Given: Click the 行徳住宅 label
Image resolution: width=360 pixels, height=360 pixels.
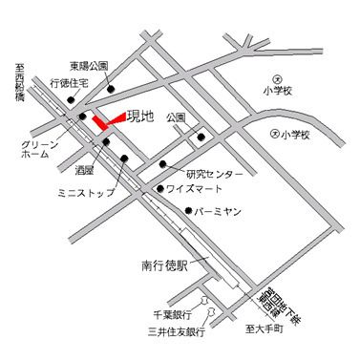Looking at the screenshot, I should point(70,84).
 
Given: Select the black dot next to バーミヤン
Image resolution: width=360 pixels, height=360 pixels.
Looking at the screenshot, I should point(190,210).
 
